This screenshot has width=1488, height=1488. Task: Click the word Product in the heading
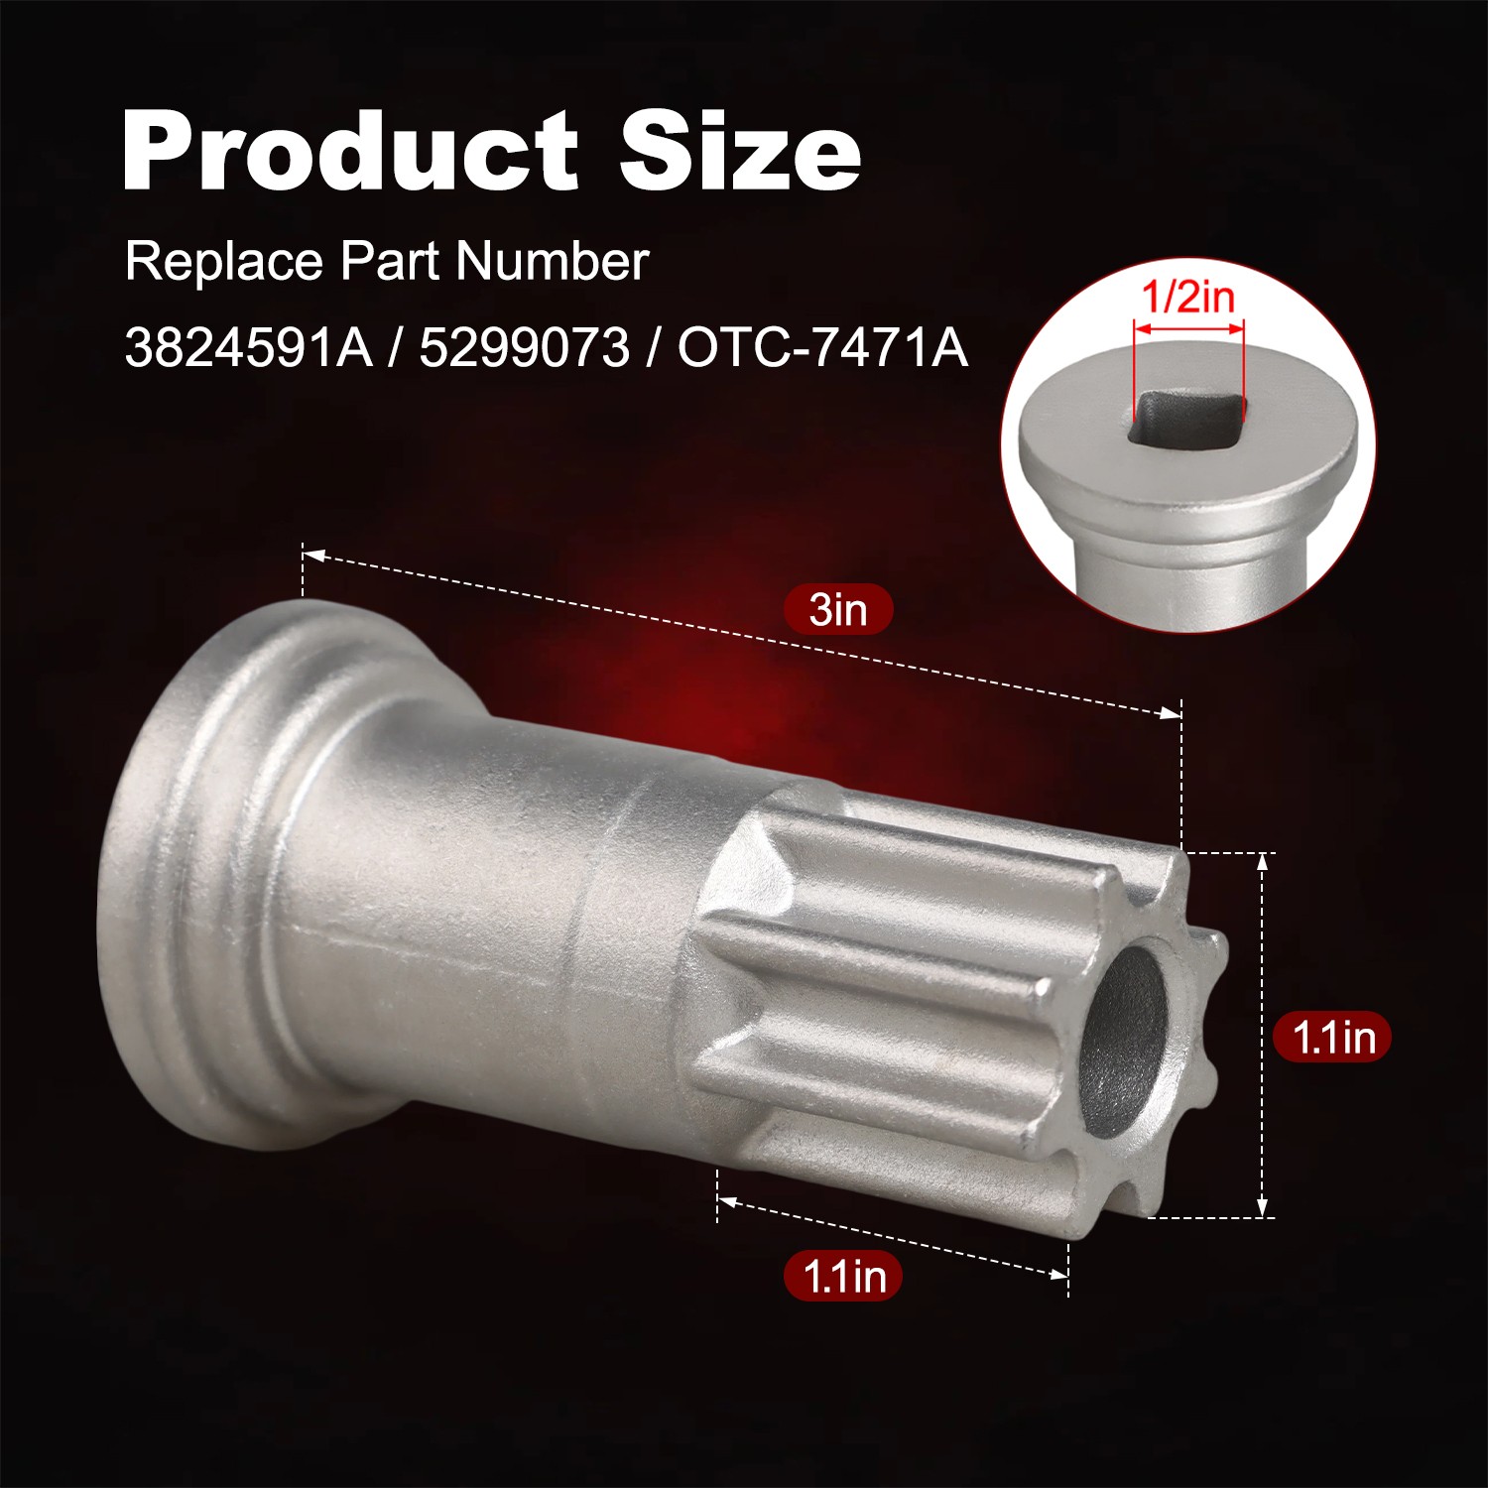(x=349, y=152)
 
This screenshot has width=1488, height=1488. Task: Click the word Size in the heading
(x=739, y=151)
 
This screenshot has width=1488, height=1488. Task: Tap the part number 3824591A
(x=248, y=348)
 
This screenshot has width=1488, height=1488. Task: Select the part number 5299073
(x=524, y=348)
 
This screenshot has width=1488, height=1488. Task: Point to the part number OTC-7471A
(x=822, y=348)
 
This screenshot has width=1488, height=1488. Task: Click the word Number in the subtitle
(x=553, y=261)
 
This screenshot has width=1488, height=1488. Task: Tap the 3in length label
(x=838, y=609)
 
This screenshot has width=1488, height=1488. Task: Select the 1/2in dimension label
(x=1188, y=297)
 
